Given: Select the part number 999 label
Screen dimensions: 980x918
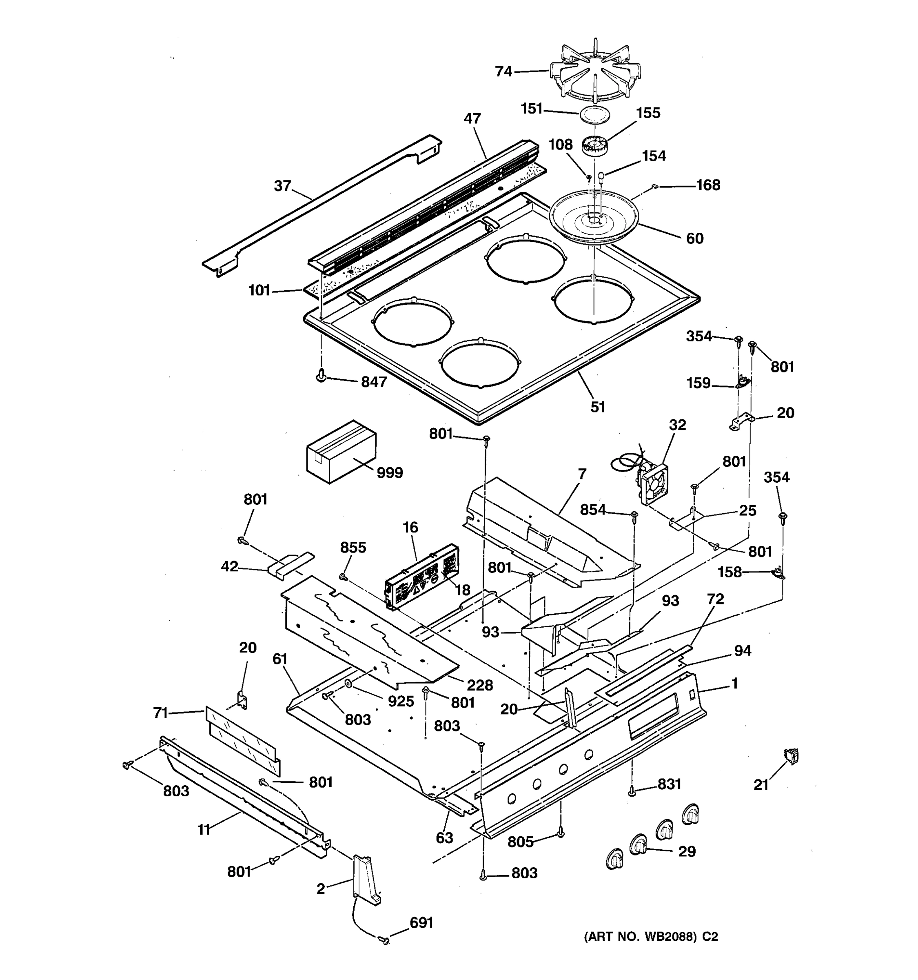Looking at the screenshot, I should [390, 473].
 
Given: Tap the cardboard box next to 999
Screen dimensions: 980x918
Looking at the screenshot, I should [340, 452].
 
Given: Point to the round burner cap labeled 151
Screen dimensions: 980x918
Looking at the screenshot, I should [594, 114].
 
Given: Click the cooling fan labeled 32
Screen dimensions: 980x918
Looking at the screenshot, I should [652, 484].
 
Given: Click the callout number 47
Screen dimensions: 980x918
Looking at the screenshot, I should [472, 119].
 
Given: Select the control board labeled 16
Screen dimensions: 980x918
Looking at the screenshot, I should [421, 577].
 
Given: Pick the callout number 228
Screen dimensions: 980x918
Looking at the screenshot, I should [480, 685].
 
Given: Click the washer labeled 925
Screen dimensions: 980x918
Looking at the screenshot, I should [348, 684].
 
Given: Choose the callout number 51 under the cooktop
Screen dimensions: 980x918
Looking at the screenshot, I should [597, 407].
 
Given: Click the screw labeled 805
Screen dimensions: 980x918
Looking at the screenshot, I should [561, 833].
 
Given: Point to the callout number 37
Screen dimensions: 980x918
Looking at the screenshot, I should [283, 186].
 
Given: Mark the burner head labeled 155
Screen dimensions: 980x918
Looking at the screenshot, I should [594, 146].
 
